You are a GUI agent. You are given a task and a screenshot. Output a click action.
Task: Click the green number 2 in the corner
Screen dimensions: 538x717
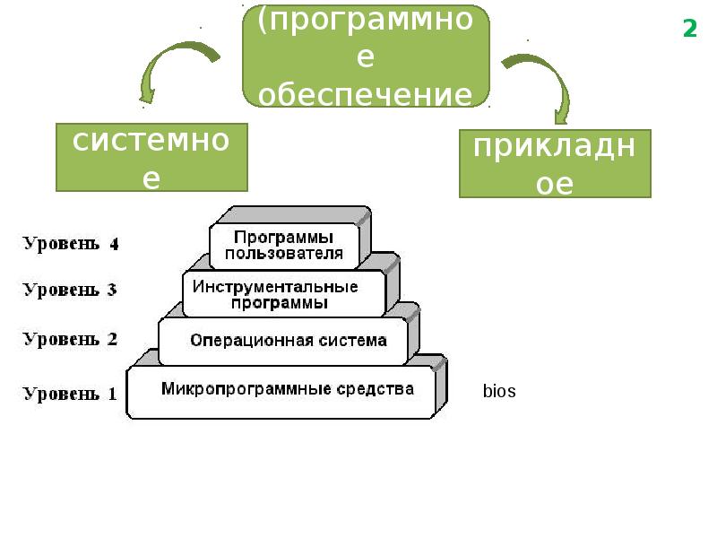(x=689, y=30)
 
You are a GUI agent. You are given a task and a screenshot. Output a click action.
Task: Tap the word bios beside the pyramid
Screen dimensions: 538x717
(x=499, y=392)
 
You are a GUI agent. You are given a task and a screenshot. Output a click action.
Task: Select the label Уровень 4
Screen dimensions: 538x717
(x=71, y=244)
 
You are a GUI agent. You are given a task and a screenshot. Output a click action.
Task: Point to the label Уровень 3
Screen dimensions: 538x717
(x=70, y=290)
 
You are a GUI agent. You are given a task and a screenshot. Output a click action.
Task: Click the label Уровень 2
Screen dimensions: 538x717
(x=70, y=339)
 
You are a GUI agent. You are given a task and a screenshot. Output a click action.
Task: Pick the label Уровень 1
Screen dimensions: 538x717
(x=70, y=393)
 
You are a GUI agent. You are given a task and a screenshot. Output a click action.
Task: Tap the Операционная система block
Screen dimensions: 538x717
(x=287, y=341)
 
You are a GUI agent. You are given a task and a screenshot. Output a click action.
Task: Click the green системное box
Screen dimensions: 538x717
(x=151, y=158)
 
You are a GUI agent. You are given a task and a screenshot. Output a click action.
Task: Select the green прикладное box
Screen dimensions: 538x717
(x=555, y=163)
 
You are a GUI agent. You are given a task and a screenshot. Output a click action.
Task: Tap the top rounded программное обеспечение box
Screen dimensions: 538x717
(x=365, y=56)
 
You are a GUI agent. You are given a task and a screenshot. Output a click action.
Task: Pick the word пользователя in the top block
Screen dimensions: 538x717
(x=283, y=254)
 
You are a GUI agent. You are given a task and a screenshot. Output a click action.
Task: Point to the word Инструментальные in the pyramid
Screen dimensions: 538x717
(x=276, y=287)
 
